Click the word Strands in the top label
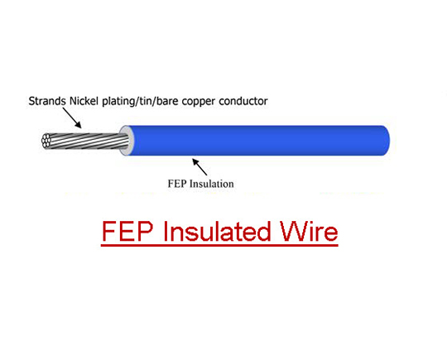pyautogui.click(x=47, y=101)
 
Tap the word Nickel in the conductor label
pyautogui.click(x=84, y=101)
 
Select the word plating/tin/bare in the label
pyautogui.click(x=140, y=102)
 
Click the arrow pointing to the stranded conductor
pyautogui.click(x=72, y=118)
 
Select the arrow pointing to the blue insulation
pyautogui.click(x=199, y=166)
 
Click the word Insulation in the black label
pyautogui.click(x=212, y=184)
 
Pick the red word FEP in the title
pyautogui.click(x=127, y=232)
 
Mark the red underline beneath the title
pyautogui.click(x=219, y=245)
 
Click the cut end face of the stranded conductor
pyautogui.click(x=46, y=141)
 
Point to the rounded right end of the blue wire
pyautogui.click(x=385, y=141)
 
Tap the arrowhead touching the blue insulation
pyautogui.click(x=195, y=161)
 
